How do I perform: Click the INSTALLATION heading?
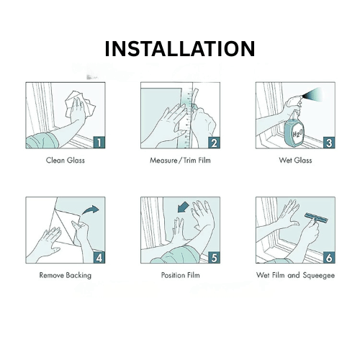[x=180, y=49]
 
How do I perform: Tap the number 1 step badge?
[x=99, y=143]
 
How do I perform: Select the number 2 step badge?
[x=214, y=143]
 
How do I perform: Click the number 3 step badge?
[x=329, y=143]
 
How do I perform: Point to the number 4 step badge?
[x=99, y=257]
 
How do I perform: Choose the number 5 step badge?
[x=214, y=257]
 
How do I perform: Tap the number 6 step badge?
[x=329, y=257]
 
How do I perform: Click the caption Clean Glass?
[x=66, y=160]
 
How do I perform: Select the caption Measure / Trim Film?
[x=180, y=160]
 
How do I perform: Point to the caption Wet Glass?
[x=295, y=160]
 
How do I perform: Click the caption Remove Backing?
[x=66, y=275]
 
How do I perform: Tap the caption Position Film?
[x=180, y=275]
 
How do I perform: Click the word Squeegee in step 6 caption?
[x=318, y=275]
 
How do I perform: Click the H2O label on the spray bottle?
[x=297, y=133]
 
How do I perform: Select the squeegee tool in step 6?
[x=316, y=218]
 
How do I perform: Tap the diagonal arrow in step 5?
[x=183, y=207]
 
